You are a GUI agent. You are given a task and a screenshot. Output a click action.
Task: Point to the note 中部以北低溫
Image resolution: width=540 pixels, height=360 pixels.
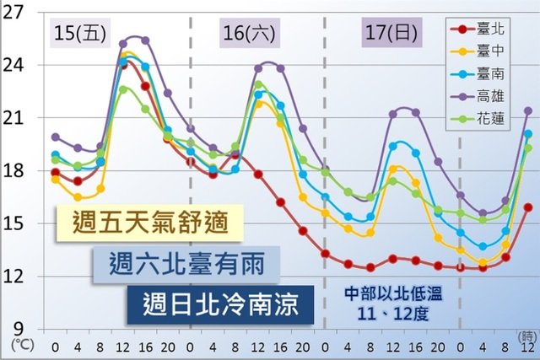(x=389, y=294)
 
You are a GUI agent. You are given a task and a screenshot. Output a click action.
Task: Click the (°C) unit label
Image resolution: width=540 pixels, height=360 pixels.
(x=19, y=345)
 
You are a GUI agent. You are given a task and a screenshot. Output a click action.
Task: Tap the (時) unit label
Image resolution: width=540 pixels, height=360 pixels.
(x=525, y=336)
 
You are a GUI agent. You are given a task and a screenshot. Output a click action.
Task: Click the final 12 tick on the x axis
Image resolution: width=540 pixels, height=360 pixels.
(x=527, y=347)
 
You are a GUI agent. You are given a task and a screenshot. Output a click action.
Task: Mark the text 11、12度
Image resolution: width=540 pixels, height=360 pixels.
(x=389, y=314)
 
